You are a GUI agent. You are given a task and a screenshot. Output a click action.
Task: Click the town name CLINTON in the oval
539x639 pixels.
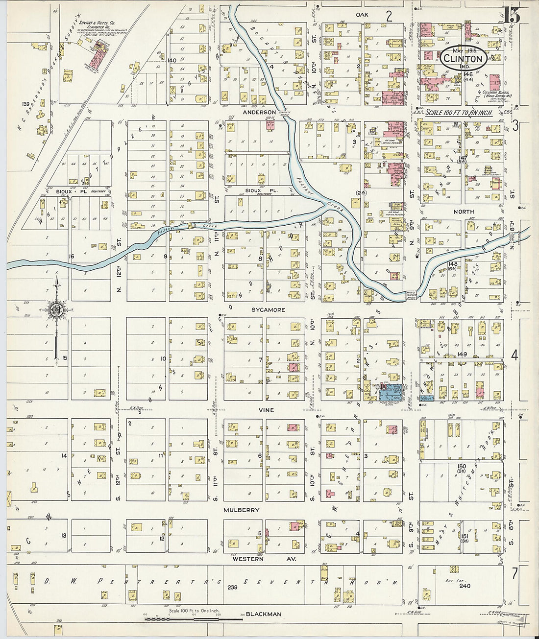pos(463,59)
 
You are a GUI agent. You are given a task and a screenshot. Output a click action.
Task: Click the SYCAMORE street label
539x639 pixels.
pos(268,310)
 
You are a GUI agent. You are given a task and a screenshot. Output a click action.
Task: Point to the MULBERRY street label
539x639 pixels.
pos(241,510)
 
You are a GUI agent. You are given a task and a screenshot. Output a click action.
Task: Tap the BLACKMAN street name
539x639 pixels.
pos(264,614)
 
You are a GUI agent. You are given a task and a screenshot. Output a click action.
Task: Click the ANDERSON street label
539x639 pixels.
pos(260,112)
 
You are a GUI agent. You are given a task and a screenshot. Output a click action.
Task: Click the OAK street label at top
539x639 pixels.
pos(362,15)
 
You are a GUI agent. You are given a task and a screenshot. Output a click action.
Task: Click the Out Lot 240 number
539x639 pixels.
pos(465,586)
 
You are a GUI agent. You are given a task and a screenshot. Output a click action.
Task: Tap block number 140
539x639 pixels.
pos(171,60)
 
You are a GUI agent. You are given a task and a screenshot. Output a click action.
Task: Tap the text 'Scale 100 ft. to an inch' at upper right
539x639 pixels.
pos(459,113)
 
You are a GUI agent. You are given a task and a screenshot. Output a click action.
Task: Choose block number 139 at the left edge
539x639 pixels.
pos(25,104)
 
